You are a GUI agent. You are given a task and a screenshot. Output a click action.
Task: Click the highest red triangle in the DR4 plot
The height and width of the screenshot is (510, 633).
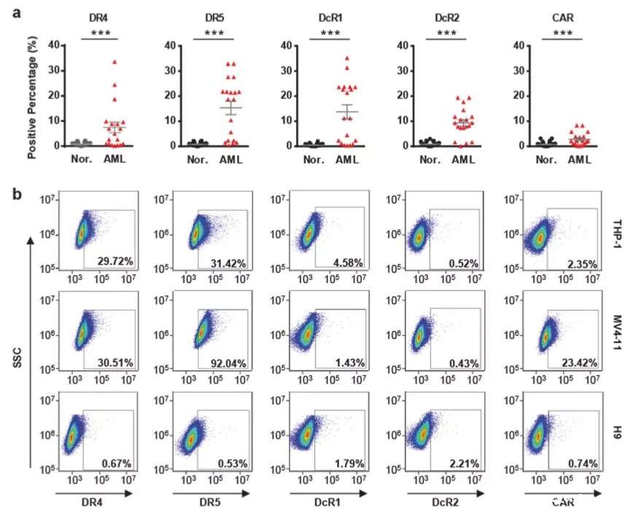point(114,62)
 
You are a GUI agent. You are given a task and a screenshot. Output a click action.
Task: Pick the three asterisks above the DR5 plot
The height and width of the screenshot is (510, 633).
point(214,33)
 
